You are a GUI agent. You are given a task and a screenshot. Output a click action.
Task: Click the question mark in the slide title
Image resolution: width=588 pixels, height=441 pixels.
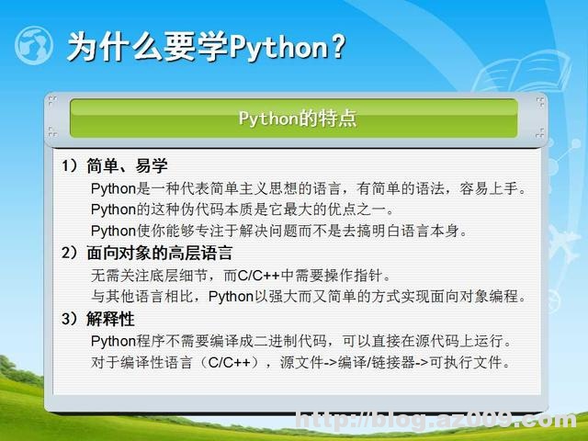(337, 46)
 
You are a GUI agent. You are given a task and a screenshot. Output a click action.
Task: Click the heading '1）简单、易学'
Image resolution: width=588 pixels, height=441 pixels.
(114, 167)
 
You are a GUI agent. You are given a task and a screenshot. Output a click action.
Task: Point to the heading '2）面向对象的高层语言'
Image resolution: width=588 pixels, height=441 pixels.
(147, 253)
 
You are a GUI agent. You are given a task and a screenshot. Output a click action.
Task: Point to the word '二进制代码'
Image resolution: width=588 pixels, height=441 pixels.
(309, 341)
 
